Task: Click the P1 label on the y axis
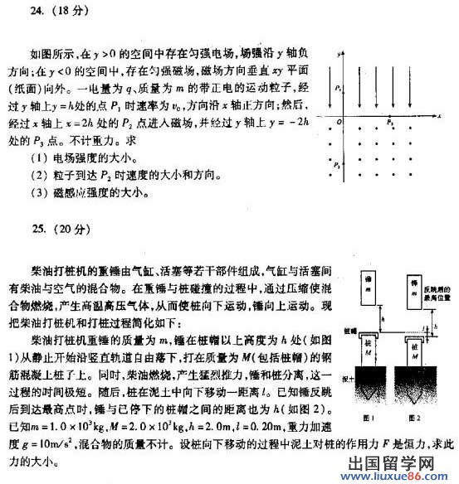coord(336,87)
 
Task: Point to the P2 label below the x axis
coord(391,122)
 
